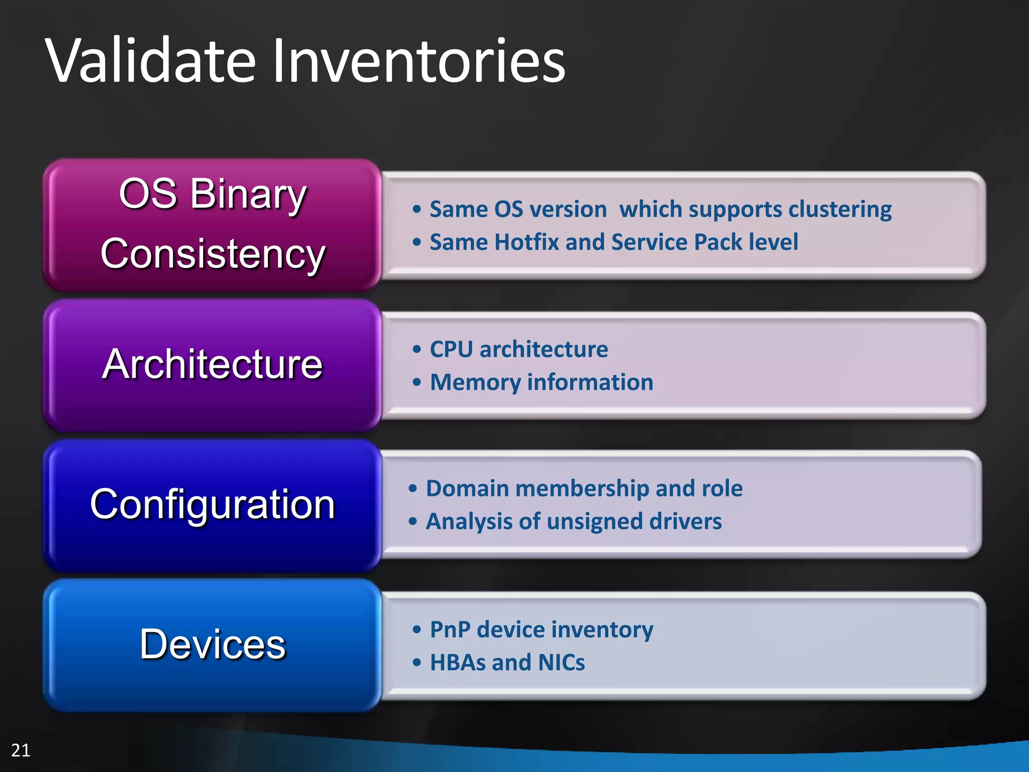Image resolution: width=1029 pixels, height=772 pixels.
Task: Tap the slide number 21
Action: [21, 750]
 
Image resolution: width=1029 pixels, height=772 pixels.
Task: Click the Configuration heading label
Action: [212, 504]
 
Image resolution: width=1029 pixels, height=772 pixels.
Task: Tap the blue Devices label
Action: [212, 644]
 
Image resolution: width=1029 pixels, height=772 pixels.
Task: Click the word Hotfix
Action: [527, 242]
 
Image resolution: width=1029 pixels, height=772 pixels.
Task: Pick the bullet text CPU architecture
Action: [519, 349]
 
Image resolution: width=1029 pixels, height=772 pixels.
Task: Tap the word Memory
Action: [475, 382]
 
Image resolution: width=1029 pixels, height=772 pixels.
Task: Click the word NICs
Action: [561, 663]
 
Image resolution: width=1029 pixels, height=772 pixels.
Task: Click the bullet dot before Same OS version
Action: [417, 210]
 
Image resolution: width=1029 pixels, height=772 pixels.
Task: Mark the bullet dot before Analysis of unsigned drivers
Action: [413, 522]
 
